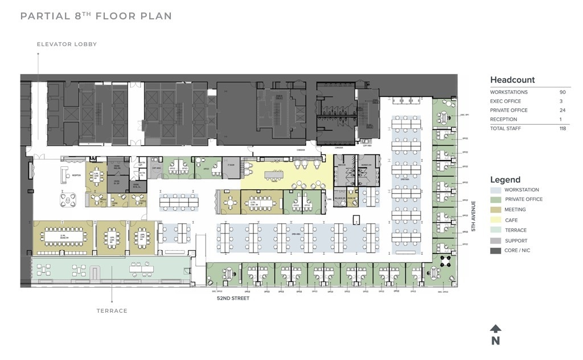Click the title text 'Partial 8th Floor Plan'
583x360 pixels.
96,16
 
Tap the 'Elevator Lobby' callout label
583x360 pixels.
67,44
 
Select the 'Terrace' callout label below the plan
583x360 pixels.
112,311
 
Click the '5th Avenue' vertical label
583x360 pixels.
473,215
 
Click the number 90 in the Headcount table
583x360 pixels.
563,92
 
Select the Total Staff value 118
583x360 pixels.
563,129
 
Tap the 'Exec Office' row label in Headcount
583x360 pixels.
506,101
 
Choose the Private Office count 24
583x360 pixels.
563,111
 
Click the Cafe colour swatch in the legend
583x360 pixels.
495,220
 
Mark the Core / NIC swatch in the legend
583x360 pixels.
495,251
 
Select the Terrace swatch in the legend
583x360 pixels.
495,230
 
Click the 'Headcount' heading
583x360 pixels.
512,80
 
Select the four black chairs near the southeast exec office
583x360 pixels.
445,261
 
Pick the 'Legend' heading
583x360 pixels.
506,180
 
